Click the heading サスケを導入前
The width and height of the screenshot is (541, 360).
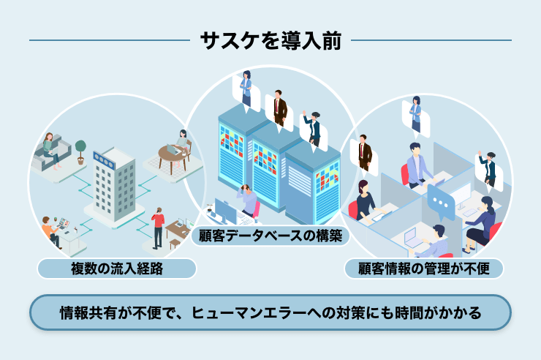(270, 41)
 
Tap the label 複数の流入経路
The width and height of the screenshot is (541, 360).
(117, 269)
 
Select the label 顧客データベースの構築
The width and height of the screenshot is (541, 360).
(270, 236)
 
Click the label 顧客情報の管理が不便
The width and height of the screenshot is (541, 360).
(424, 269)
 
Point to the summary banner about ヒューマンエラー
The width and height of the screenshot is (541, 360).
(270, 312)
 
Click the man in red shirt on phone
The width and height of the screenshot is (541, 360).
(158, 228)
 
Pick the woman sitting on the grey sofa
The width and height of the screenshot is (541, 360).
(51, 151)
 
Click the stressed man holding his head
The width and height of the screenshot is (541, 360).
(247, 201)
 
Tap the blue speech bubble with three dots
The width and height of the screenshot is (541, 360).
(441, 203)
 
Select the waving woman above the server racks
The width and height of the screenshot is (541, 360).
(313, 128)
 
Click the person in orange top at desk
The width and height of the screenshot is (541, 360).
(50, 232)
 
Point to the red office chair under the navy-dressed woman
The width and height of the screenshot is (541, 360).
(352, 209)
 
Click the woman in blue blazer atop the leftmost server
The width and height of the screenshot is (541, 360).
(246, 89)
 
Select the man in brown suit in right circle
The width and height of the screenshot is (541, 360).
(364, 152)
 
